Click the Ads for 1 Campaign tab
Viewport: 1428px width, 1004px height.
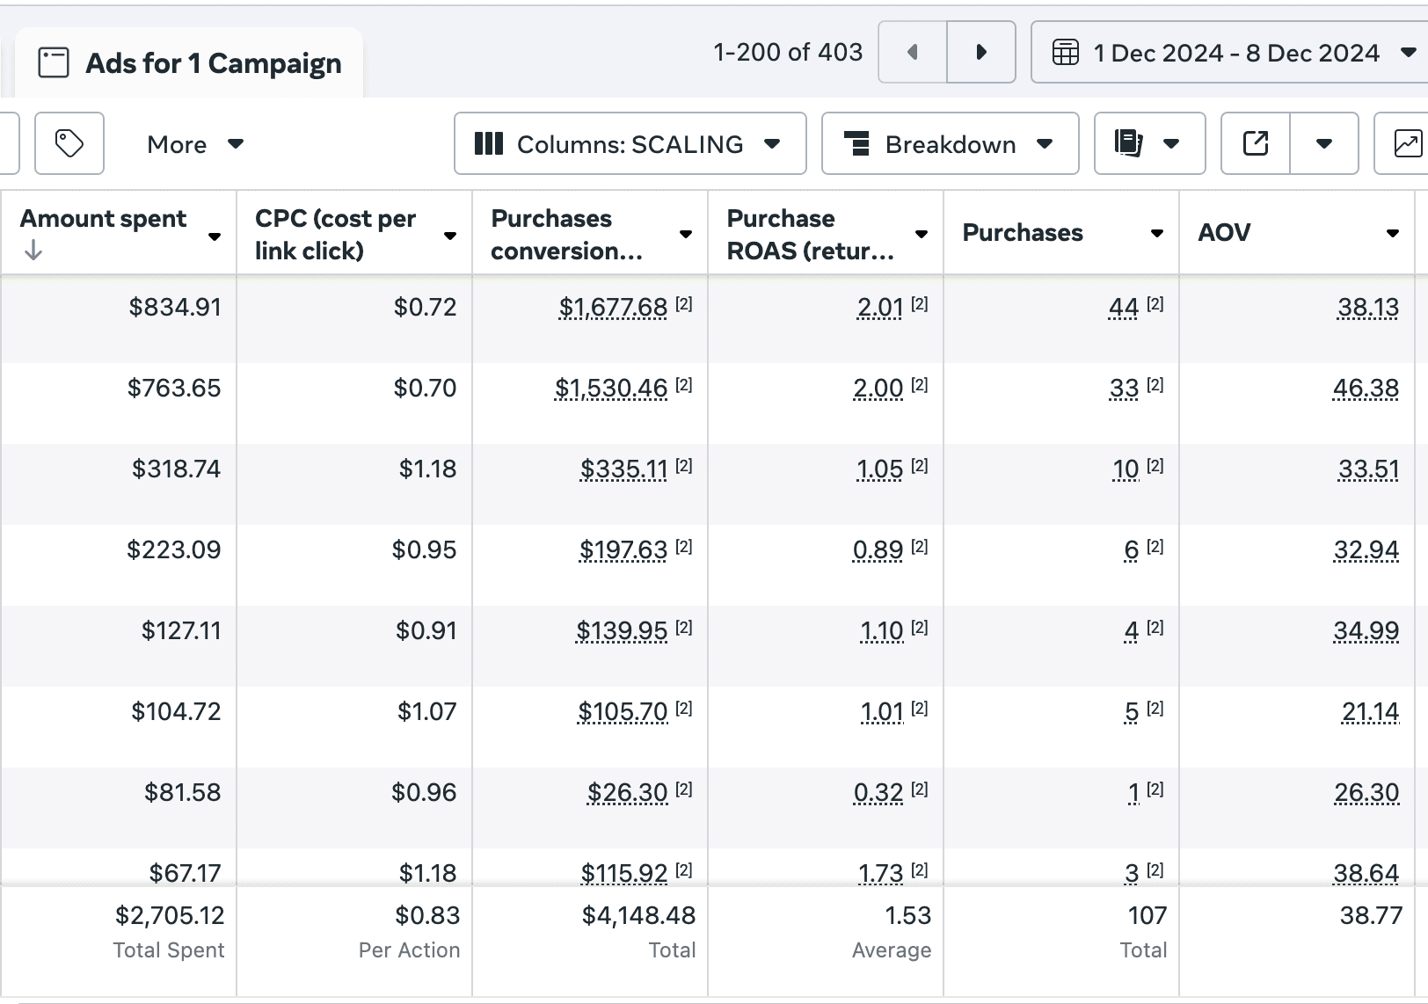point(189,63)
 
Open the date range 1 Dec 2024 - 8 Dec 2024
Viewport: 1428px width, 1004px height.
point(1230,52)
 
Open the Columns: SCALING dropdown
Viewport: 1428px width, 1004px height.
point(630,143)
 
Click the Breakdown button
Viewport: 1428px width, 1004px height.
point(950,143)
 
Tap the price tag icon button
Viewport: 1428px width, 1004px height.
point(69,143)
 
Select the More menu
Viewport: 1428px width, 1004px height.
point(195,144)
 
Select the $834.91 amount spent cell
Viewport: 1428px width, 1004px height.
point(175,307)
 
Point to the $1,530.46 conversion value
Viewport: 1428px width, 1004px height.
point(611,389)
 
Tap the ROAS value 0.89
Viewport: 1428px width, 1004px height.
point(878,550)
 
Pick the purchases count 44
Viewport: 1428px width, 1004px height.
point(1123,307)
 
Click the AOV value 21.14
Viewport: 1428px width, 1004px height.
point(1370,711)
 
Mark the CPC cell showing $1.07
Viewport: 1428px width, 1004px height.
point(426,711)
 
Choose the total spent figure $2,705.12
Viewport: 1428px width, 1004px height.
point(170,915)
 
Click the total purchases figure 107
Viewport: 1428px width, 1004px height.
point(1147,915)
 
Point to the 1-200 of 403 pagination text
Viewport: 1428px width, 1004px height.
point(788,52)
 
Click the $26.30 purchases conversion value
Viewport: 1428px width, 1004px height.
point(627,792)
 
